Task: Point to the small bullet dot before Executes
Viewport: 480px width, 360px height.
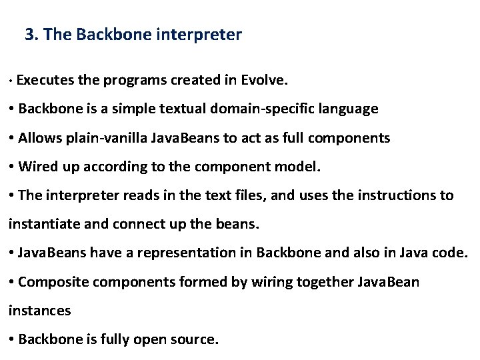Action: click(x=11, y=82)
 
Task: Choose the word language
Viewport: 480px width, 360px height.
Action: click(x=350, y=109)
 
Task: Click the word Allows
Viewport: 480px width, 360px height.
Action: click(x=39, y=138)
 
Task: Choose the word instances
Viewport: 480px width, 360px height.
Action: click(x=39, y=311)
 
